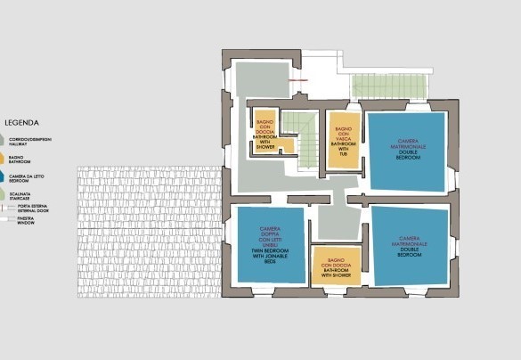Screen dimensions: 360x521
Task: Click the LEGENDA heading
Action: click(20, 123)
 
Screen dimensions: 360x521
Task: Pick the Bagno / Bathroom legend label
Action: click(19, 160)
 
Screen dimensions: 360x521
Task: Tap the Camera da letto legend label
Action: click(24, 179)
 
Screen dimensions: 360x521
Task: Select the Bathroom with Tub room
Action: click(342, 138)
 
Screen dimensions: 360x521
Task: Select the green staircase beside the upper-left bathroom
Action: click(307, 134)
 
